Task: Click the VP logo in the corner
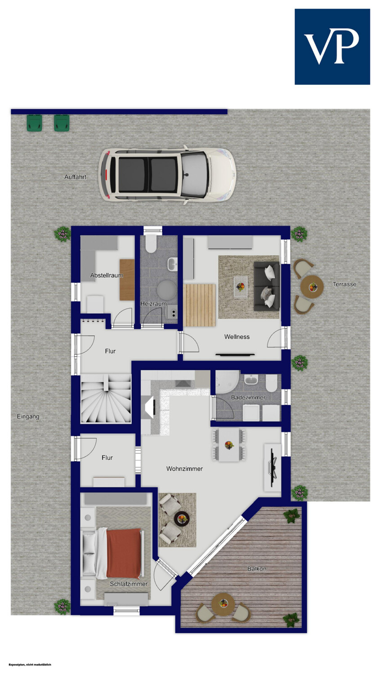coord(332,47)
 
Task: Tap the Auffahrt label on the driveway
coord(75,177)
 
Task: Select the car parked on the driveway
coord(167,175)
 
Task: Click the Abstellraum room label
coord(107,275)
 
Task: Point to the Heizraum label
coord(153,304)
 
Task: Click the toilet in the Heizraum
coord(150,244)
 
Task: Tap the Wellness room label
coord(237,337)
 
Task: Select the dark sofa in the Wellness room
coord(267,286)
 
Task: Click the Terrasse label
coord(344,284)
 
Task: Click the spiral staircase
coord(106,399)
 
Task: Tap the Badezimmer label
coord(248,397)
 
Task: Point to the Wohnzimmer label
coord(184,468)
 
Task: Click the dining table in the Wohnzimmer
coord(229,445)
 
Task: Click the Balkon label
coord(257,569)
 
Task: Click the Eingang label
coord(28,416)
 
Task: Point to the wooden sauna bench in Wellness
coord(199,305)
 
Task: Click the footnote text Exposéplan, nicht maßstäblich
coord(30,665)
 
